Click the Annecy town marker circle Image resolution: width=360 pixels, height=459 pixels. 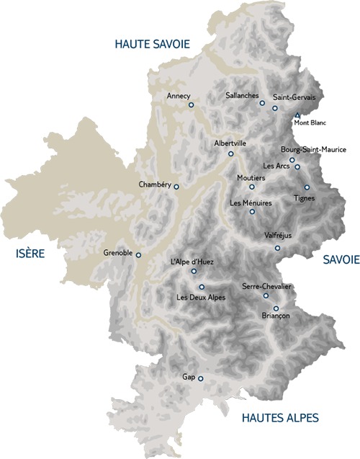click(x=192, y=105)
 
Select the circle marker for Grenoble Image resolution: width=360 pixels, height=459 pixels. click(x=138, y=255)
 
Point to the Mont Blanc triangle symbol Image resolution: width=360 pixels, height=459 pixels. click(x=297, y=115)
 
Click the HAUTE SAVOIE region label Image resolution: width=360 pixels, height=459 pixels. click(x=152, y=45)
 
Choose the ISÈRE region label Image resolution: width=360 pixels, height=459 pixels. click(x=30, y=254)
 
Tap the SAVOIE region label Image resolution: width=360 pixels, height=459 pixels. click(x=340, y=259)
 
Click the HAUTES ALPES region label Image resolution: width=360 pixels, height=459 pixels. click(x=280, y=417)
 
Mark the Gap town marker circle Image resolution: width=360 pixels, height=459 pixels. click(x=201, y=378)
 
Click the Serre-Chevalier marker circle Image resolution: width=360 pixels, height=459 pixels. click(x=266, y=295)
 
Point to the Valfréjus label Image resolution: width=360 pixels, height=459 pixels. click(x=278, y=234)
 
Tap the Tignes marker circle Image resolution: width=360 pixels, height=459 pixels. click(x=307, y=187)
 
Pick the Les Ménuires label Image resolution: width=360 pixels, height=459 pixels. click(x=251, y=202)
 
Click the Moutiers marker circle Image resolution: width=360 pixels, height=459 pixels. click(x=252, y=187)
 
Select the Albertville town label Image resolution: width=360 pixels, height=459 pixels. click(x=230, y=143)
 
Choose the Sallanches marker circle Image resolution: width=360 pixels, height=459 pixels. click(x=262, y=103)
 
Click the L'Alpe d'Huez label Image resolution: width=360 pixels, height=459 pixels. click(x=192, y=261)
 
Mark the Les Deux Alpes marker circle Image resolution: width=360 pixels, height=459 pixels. click(x=202, y=287)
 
